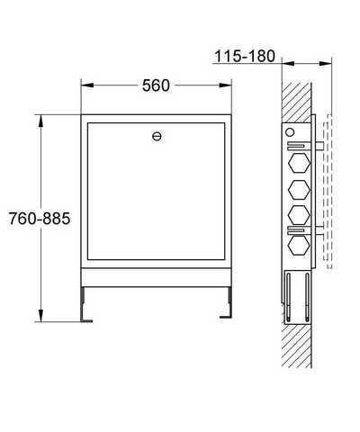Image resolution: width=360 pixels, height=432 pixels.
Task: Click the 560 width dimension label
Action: coord(156,85)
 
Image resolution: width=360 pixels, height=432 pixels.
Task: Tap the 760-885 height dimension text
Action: coord(40,219)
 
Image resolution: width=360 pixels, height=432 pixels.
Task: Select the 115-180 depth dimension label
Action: coord(245,56)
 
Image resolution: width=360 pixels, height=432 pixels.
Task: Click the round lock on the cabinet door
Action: coord(157,137)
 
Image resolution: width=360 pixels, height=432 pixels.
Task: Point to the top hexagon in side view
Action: coord(299,163)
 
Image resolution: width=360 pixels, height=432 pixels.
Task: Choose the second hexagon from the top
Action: coord(299,190)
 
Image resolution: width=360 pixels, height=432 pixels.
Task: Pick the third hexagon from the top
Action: coord(299,215)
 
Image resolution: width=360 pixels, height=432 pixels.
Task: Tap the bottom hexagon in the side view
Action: coord(299,245)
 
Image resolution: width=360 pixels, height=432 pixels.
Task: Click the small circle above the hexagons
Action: coord(290,132)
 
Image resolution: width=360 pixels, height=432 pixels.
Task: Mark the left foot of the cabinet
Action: coord(85,304)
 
